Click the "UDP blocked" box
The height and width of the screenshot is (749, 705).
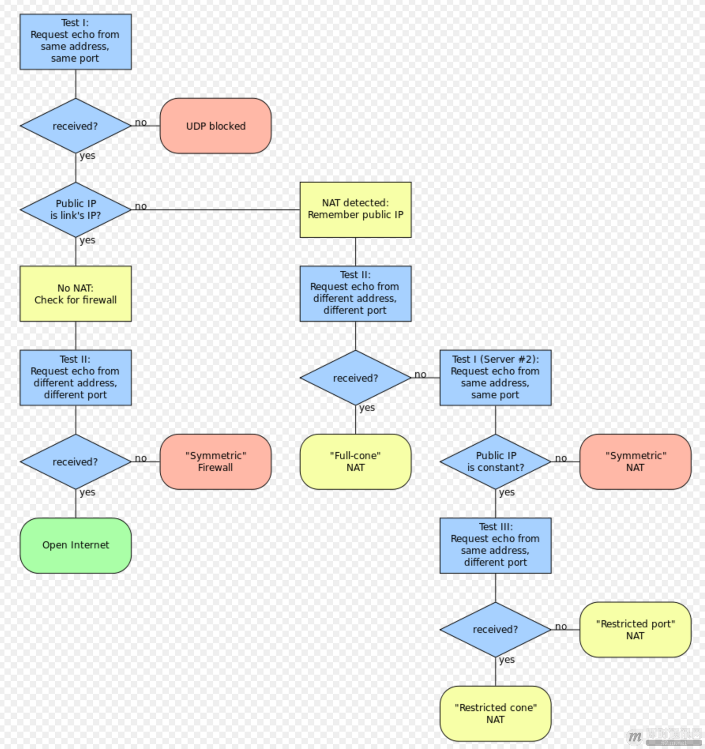coord(215,126)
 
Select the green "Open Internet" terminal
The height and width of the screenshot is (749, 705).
coord(75,545)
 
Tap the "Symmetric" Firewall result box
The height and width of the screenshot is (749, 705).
coord(215,462)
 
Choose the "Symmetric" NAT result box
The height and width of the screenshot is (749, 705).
coord(635,462)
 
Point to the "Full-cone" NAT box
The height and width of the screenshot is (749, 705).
coord(355,462)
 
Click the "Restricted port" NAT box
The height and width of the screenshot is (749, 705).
coord(635,630)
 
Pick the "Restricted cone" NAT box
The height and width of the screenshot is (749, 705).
coord(495,714)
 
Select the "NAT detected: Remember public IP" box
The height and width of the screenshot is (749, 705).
coord(355,209)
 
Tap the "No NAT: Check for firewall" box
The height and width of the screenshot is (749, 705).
coord(75,294)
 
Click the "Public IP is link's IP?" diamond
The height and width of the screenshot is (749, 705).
coord(75,209)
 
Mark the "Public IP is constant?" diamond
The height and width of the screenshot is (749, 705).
coord(495,462)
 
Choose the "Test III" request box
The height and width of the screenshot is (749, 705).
coord(495,545)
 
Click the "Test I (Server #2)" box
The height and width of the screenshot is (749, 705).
coord(495,377)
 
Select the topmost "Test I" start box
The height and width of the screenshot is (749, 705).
coord(75,42)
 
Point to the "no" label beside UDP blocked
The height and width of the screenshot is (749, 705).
coord(140,122)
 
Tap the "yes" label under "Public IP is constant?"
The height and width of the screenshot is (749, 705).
coord(507,492)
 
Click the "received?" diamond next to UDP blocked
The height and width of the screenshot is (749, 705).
coord(75,126)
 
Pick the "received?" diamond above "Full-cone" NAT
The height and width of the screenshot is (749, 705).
coord(355,377)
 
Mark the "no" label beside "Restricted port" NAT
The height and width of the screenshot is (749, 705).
coord(560,626)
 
